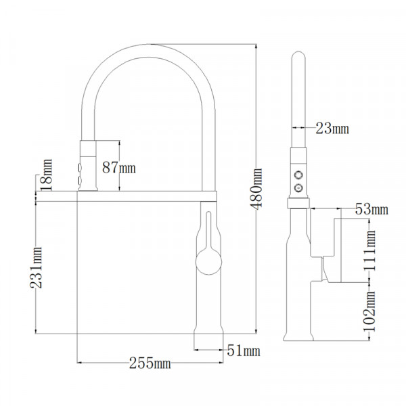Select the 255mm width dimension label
click(150, 363)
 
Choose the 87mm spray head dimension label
click(118, 166)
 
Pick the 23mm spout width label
click(331, 128)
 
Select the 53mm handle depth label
click(371, 209)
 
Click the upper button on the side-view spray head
click(298, 175)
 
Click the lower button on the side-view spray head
click(298, 186)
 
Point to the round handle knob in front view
click(208, 260)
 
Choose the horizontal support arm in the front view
click(145, 194)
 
